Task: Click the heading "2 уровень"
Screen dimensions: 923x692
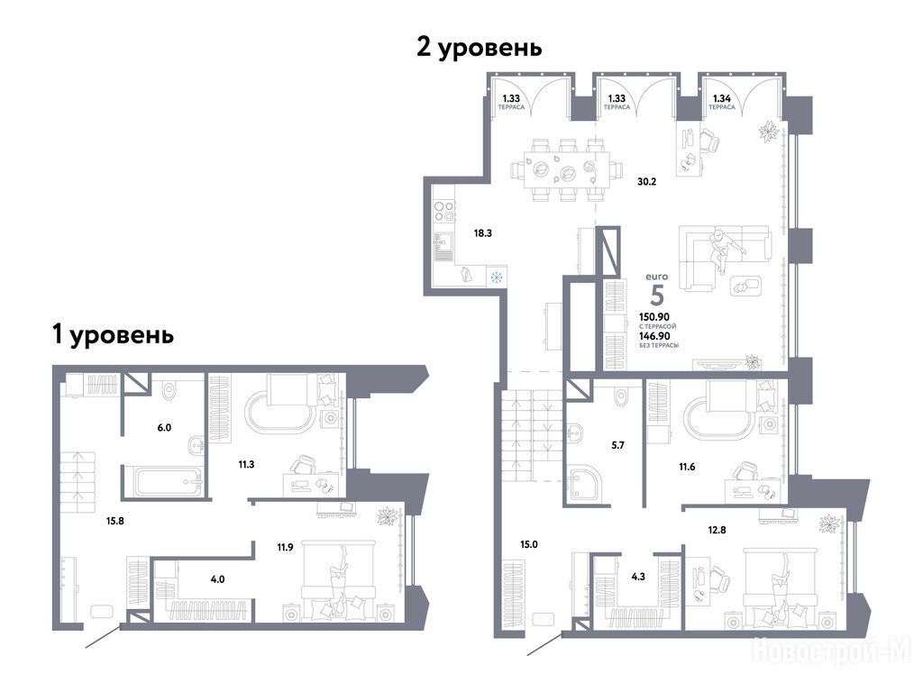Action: coord(480,48)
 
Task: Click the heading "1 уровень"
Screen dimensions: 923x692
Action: coord(113,335)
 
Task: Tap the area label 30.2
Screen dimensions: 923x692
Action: coord(646,182)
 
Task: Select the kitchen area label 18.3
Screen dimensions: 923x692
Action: coord(483,233)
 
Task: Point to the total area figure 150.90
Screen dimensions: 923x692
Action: coord(654,316)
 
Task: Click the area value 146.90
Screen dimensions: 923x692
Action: coord(654,336)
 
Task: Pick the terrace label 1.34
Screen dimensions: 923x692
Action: coord(722,99)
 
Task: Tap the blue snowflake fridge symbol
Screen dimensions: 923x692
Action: coord(497,277)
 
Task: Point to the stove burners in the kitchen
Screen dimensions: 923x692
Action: coord(443,211)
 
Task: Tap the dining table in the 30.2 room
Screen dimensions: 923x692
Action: coord(567,169)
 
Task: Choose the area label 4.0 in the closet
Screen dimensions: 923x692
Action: coord(217,579)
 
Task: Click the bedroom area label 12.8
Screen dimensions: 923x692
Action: coord(717,530)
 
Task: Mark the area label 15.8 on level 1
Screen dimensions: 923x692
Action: coord(114,521)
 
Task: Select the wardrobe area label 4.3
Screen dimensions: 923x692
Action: coord(638,577)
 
